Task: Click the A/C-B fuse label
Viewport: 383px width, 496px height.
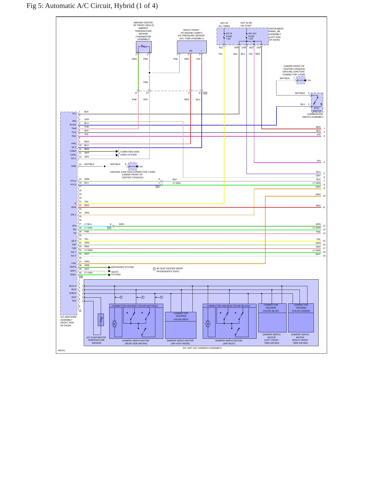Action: point(228,36)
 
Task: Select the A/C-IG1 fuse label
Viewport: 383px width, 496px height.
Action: point(252,36)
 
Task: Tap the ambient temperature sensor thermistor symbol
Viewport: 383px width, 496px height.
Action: point(144,47)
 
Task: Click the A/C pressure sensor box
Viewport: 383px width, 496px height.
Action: point(192,47)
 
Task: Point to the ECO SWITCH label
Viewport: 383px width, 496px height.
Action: point(317,110)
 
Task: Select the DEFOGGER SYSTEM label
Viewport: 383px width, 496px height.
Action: point(122,267)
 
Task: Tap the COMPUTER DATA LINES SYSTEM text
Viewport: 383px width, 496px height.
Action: point(130,153)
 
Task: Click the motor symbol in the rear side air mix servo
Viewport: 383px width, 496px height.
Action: point(115,324)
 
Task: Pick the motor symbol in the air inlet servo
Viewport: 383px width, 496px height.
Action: point(208,324)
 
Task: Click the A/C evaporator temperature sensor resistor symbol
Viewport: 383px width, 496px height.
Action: point(101,320)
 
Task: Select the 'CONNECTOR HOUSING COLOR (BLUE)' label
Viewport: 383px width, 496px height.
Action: point(271,308)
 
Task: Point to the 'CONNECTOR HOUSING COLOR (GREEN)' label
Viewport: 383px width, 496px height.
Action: point(301,308)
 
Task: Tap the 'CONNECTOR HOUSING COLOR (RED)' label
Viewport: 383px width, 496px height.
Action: point(181,316)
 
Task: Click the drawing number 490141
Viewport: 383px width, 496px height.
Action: point(61,350)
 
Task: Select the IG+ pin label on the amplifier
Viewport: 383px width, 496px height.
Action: point(74,114)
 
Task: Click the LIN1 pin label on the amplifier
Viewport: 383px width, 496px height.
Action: point(74,263)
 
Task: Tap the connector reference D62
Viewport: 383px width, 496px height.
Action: point(81,276)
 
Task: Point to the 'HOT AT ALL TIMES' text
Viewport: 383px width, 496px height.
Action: point(224,25)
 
